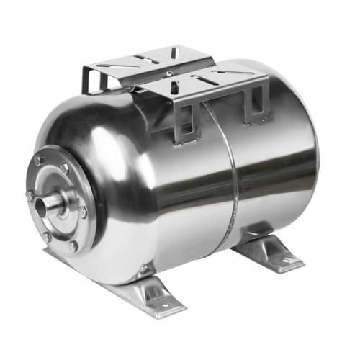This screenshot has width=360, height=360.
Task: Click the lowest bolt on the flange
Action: pyautogui.click(x=73, y=246)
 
